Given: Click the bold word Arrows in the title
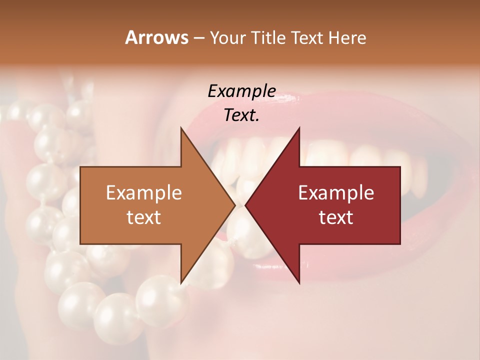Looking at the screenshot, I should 156,37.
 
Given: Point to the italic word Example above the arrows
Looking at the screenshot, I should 241,91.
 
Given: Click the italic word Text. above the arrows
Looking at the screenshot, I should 241,115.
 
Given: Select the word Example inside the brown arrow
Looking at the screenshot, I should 143,193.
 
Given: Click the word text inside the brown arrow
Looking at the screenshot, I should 143,217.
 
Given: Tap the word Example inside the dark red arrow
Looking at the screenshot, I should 336,193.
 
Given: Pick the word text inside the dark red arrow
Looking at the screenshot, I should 336,217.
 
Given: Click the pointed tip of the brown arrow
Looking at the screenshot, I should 234,205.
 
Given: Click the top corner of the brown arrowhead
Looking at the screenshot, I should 181,127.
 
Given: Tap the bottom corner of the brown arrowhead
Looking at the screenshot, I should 181,283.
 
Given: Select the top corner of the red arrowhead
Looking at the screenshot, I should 299,127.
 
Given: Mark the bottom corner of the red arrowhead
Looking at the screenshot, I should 299,283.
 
